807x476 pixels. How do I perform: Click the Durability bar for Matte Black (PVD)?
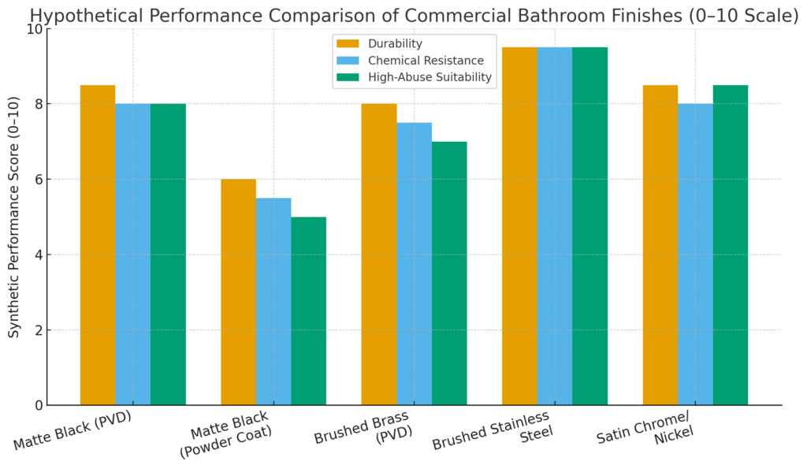(98, 245)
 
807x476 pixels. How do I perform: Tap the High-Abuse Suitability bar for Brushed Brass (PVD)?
(449, 273)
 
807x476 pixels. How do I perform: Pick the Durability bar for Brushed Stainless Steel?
(519, 226)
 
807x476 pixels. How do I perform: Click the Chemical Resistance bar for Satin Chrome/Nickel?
(695, 255)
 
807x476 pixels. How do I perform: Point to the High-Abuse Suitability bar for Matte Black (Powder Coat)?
(309, 311)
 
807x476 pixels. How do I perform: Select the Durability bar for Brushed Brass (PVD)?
(379, 255)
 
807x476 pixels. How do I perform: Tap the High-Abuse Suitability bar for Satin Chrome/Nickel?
(731, 245)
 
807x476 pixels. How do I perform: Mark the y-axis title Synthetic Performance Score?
(15, 217)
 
